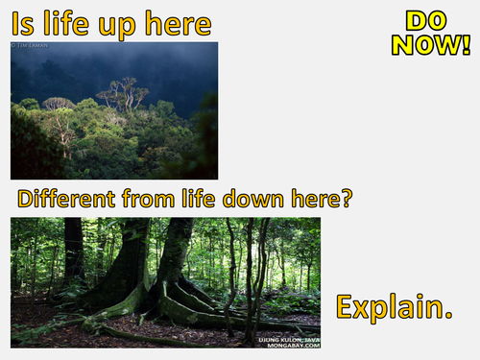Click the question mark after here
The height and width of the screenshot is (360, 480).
(347, 200)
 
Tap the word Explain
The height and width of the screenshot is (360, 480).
(394, 307)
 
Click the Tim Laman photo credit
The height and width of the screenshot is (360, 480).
(30, 45)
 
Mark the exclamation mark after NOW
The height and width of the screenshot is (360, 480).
(465, 44)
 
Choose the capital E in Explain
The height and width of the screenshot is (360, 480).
(345, 307)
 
